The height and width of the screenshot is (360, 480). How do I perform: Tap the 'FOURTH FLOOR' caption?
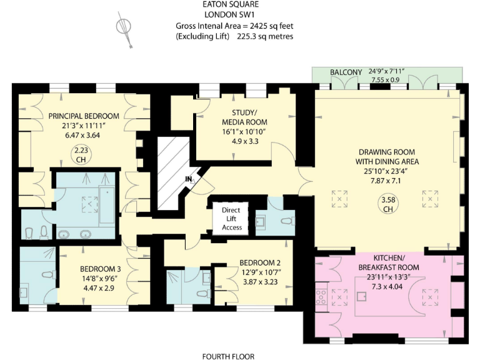pos(228,356)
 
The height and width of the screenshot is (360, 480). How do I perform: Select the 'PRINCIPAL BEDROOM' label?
pos(84,116)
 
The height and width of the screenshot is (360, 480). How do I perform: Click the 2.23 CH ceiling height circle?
pos(79,154)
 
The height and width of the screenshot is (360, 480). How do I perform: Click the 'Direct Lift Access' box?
pos(231,219)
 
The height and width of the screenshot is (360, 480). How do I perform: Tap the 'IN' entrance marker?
pos(188,179)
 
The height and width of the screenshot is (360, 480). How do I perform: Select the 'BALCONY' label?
pos(346,72)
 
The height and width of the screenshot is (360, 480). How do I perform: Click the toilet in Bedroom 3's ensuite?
pos(47,275)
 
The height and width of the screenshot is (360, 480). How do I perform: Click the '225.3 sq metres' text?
pos(265,36)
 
